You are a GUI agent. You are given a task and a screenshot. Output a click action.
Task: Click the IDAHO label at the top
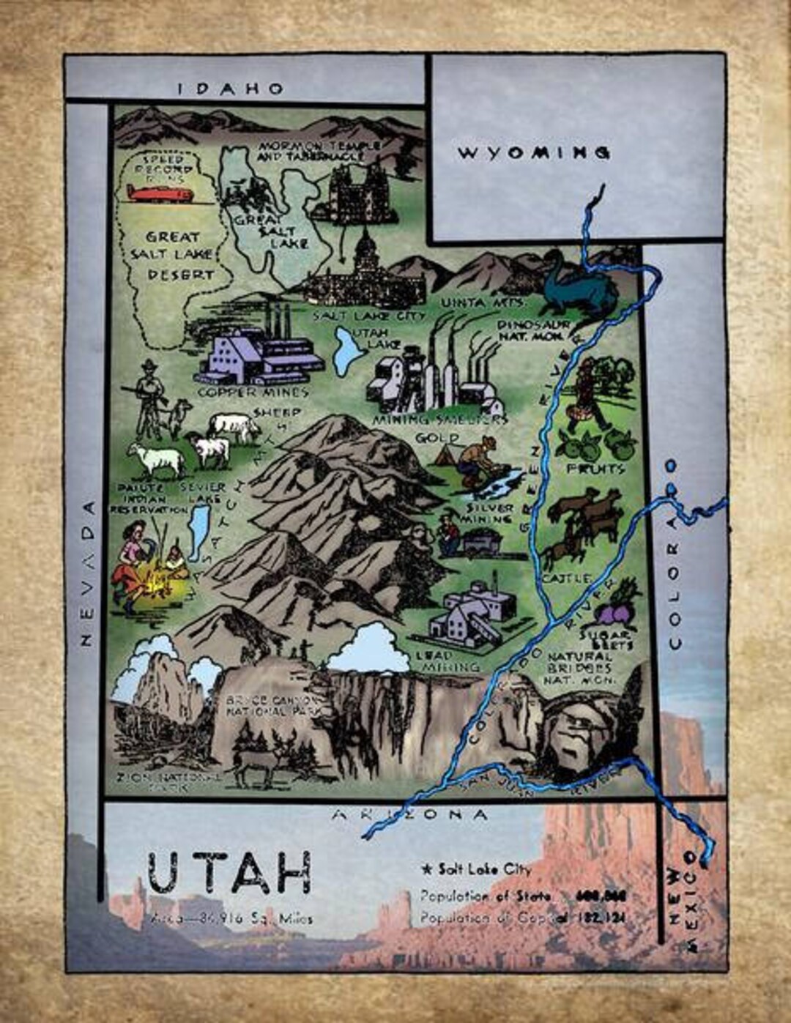tap(231, 89)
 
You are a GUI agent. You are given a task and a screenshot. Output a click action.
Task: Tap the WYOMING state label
tap(534, 153)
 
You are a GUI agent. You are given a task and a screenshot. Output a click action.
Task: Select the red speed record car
tap(160, 194)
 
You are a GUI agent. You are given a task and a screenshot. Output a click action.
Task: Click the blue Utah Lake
tap(346, 349)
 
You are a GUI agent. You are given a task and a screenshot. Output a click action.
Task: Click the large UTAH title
tap(229, 873)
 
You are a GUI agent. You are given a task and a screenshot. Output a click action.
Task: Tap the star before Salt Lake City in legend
tap(427, 870)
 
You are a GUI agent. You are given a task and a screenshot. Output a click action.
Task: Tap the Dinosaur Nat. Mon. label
tap(532, 329)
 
